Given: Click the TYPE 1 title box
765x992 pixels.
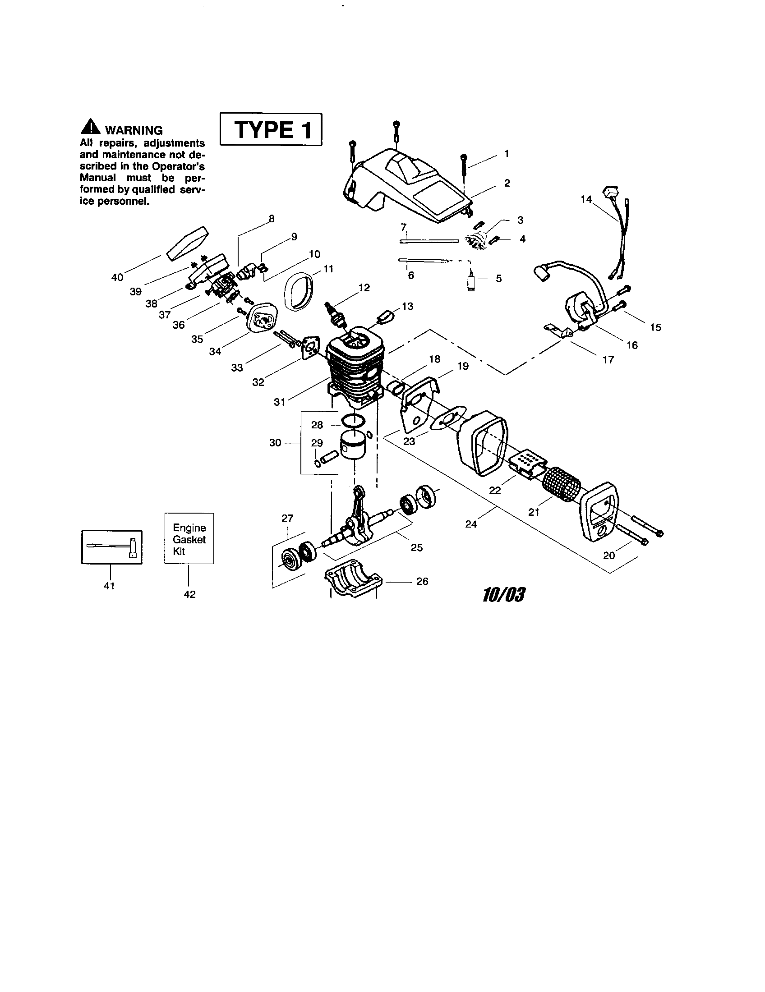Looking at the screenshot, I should [x=271, y=129].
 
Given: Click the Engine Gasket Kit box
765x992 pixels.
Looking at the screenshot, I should [x=189, y=539].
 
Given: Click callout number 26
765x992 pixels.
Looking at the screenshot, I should [x=422, y=581].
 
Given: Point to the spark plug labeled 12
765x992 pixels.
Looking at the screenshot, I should [x=336, y=314].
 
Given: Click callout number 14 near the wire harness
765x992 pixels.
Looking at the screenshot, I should [x=586, y=199].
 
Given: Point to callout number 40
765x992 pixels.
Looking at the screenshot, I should [x=117, y=277].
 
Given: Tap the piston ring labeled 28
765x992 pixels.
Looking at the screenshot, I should [x=354, y=421].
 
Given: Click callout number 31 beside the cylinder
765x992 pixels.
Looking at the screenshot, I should [x=279, y=401].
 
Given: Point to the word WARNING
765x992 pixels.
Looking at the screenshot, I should [x=134, y=130].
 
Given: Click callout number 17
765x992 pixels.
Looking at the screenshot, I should [x=608, y=359].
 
